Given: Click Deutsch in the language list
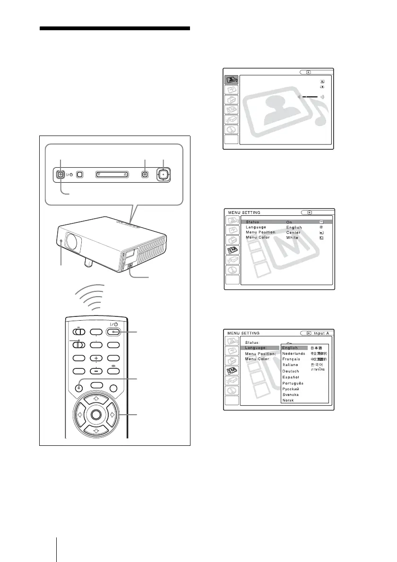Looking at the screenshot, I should point(291,371).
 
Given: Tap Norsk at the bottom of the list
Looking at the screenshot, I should point(288,400).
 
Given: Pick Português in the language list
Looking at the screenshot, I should point(293,383).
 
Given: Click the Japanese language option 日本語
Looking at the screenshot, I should point(315,348).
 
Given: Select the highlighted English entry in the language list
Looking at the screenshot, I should point(290,348).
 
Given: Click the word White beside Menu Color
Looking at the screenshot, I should point(293,238).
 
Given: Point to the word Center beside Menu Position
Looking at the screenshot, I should point(293,232).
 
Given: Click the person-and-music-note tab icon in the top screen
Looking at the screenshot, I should point(231,80).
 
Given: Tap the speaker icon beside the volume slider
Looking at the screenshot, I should point(323,96).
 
